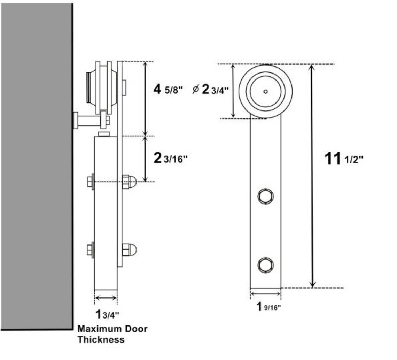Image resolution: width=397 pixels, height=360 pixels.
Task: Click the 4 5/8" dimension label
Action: (x=168, y=89)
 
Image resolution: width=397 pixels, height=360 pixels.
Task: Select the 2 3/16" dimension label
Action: (x=170, y=159)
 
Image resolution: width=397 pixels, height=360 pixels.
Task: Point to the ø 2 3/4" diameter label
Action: (x=211, y=90)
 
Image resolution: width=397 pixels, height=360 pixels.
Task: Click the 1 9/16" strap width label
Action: (x=268, y=307)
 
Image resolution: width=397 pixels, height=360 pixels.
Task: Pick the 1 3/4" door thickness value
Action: (x=107, y=314)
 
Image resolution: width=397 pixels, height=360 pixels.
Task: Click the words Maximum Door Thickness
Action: (x=112, y=334)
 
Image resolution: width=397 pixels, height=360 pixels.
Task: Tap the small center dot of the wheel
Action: (x=265, y=91)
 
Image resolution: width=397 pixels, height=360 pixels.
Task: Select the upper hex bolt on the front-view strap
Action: (x=265, y=196)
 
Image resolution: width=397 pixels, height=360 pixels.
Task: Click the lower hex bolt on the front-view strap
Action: (x=265, y=265)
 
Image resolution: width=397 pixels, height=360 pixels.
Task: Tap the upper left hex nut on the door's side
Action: (x=91, y=182)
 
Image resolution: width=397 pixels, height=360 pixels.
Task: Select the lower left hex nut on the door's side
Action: (x=91, y=250)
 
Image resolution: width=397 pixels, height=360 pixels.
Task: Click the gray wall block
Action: (x=37, y=167)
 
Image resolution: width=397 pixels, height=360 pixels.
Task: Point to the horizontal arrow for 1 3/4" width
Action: (x=106, y=298)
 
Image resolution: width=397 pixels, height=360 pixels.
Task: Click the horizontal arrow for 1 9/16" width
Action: (x=265, y=294)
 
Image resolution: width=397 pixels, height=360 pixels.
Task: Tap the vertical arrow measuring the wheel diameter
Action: (x=234, y=91)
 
